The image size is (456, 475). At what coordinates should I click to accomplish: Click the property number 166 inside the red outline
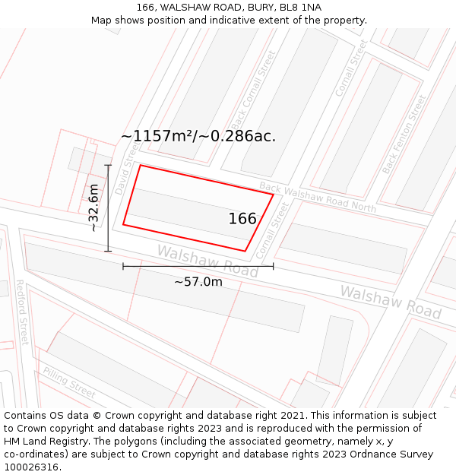click(242, 219)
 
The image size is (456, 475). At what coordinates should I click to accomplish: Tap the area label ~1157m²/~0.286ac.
click(198, 136)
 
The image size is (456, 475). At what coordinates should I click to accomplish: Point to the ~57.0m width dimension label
click(198, 282)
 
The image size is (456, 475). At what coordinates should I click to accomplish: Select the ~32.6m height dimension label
click(92, 207)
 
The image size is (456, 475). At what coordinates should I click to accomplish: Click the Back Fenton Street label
click(404, 134)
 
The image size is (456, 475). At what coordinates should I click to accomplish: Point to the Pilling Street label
click(69, 382)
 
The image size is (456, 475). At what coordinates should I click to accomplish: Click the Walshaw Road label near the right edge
click(390, 302)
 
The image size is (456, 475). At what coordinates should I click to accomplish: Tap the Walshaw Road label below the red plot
click(207, 261)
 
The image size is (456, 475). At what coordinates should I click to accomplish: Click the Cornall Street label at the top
click(350, 68)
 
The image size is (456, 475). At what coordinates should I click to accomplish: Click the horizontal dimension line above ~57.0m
click(198, 266)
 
